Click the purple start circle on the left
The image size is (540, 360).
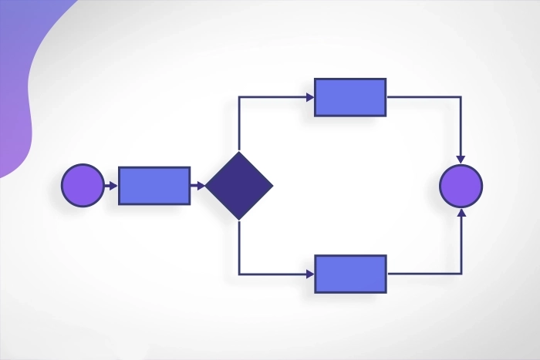tap(83, 186)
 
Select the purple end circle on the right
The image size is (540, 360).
tap(461, 186)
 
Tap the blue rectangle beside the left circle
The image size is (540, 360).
tap(154, 186)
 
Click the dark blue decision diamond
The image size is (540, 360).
tap(239, 186)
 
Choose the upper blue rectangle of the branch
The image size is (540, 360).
tap(350, 97)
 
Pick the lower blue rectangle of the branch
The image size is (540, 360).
tap(350, 274)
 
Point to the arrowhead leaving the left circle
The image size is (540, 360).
tap(113, 186)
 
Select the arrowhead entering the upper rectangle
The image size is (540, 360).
tap(309, 97)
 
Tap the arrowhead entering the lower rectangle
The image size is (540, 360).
tap(309, 274)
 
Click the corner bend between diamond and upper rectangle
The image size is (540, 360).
tap(239, 97)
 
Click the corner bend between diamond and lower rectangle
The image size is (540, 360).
tap(239, 274)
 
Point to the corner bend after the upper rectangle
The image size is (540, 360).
tap(461, 97)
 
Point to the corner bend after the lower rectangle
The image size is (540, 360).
tap(461, 274)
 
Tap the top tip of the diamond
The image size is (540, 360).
tap(239, 153)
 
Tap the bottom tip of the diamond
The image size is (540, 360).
tap(239, 219)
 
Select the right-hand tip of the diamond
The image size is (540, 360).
tap(272, 186)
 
